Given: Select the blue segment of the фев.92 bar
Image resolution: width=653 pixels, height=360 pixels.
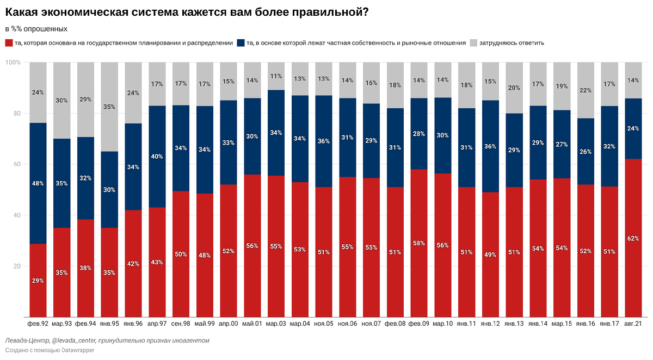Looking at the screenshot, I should pyautogui.click(x=39, y=183).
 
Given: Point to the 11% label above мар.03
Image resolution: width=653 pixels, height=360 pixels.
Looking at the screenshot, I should pyautogui.click(x=276, y=76).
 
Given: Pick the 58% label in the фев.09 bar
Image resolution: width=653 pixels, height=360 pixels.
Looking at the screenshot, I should pyautogui.click(x=419, y=243).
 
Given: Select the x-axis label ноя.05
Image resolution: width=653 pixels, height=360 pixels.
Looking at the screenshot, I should pyautogui.click(x=323, y=324).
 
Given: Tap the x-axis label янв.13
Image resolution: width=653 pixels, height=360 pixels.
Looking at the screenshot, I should pyautogui.click(x=514, y=324).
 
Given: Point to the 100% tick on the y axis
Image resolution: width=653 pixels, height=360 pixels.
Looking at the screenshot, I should pyautogui.click(x=13, y=63).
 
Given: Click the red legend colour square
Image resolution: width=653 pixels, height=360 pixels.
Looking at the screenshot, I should pyautogui.click(x=9, y=42).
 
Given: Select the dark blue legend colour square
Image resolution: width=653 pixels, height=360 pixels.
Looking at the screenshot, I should pyautogui.click(x=241, y=42).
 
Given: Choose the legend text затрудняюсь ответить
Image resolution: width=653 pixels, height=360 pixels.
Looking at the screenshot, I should pyautogui.click(x=512, y=42).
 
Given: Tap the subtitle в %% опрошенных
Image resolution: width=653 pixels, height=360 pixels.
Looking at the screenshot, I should pyautogui.click(x=36, y=28).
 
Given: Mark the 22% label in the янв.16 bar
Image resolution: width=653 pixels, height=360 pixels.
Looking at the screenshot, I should pyautogui.click(x=586, y=90).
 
